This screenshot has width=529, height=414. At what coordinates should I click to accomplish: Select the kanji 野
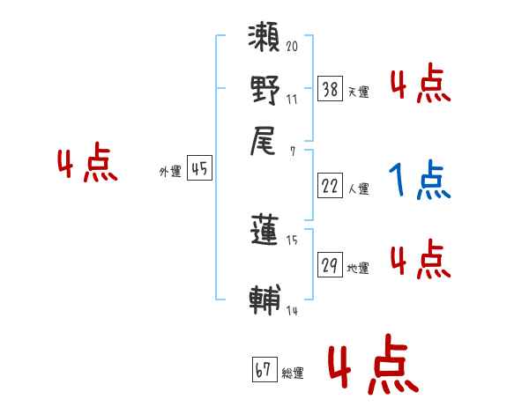(265, 91)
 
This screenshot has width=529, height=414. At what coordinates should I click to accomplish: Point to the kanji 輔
(265, 299)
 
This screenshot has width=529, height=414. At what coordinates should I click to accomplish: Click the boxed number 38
(330, 89)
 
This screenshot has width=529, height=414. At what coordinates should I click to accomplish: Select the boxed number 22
(330, 187)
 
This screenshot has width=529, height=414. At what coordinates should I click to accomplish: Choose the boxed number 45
(200, 170)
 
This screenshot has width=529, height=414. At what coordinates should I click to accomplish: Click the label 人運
(358, 189)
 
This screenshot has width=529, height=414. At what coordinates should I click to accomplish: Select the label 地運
(358, 268)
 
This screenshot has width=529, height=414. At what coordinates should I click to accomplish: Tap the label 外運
(170, 173)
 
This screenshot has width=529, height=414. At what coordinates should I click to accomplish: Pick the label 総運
(292, 373)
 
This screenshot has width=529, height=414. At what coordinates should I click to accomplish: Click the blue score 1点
(419, 181)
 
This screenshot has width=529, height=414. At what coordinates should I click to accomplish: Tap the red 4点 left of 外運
(87, 165)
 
